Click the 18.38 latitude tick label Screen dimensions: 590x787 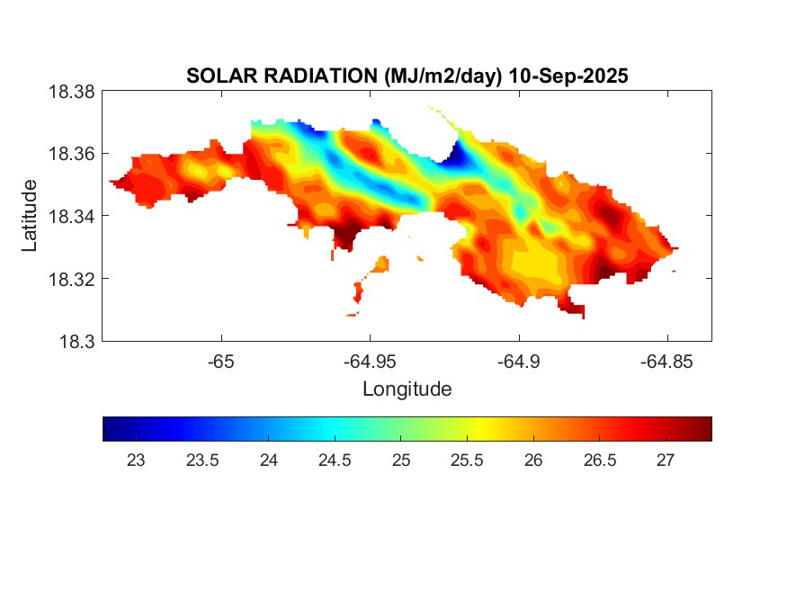pos(71,92)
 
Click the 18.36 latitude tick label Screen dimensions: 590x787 pos(71,154)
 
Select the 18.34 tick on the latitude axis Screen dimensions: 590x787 pos(71,216)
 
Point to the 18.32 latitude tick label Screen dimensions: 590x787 pos(71,279)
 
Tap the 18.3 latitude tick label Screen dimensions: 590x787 pos(76,341)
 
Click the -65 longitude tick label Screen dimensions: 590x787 pos(221,362)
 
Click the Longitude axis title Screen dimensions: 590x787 pos(407,389)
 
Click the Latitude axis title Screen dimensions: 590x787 pos(30,216)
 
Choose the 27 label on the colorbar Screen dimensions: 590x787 pos(666,460)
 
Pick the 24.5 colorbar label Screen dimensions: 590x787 pos(335,460)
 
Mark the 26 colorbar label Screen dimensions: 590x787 pos(534,460)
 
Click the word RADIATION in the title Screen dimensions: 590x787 pos(308,76)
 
